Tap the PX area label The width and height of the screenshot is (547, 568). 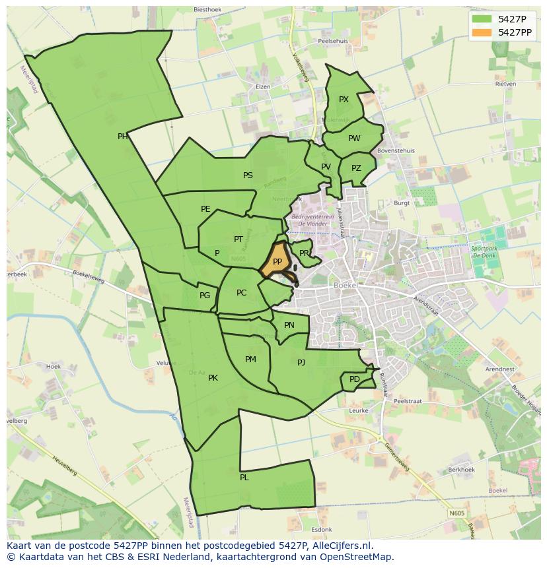344,100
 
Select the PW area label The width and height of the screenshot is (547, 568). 354,139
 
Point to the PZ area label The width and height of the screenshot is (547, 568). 356,168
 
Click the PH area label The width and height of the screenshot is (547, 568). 123,137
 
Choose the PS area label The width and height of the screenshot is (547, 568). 248,175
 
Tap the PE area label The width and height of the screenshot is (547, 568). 205,209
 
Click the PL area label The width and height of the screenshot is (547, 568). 244,477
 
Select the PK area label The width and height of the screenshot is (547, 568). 213,378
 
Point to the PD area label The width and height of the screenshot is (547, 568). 355,379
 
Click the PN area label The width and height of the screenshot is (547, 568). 289,325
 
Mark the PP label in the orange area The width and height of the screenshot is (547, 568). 277,262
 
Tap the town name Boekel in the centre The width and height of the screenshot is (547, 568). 346,285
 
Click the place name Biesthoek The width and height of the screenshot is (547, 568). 208,9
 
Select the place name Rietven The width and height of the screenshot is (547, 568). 505,84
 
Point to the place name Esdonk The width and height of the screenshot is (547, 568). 322,529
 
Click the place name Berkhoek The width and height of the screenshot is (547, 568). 461,470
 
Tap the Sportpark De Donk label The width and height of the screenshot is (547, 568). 485,252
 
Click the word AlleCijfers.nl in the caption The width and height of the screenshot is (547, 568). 338,546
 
